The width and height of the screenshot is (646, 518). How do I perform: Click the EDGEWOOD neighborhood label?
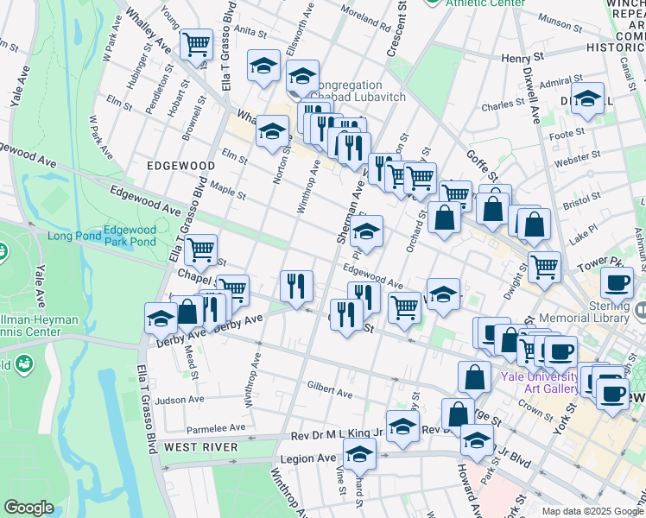coord(180,165)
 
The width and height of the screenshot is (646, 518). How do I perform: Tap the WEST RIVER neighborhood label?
coord(200,446)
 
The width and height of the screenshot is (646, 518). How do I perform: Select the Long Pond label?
coord(73,236)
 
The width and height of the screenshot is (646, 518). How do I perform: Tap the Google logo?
coord(28,508)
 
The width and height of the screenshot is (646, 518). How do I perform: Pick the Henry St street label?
coord(522,58)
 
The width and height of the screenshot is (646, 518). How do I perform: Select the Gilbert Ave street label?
coord(328,390)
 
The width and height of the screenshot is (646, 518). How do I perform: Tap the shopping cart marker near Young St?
coord(197,43)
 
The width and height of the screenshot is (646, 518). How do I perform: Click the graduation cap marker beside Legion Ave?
coord(359,452)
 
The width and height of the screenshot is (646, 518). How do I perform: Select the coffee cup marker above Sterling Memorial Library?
coord(617,282)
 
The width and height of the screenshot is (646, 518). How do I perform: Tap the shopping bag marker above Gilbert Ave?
coord(474,376)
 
